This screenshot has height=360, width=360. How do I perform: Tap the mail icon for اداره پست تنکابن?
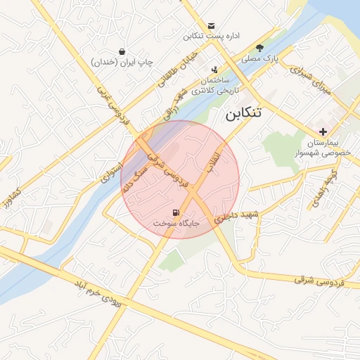tap(212, 25)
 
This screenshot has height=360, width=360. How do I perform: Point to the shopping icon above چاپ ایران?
tap(122, 51)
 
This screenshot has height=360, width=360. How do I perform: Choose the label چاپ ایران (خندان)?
tap(122, 63)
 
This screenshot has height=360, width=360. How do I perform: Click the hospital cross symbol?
tap(323, 131)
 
